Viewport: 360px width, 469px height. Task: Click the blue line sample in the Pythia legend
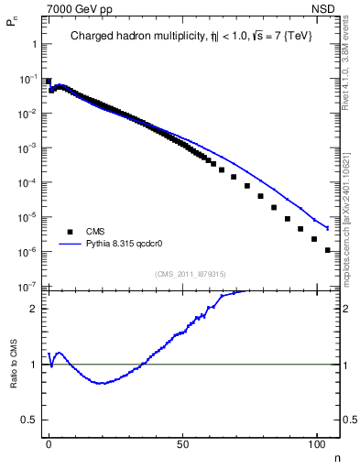[69, 245]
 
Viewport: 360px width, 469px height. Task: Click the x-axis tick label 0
[49, 442]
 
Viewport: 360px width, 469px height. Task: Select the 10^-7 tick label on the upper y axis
[28, 287]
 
